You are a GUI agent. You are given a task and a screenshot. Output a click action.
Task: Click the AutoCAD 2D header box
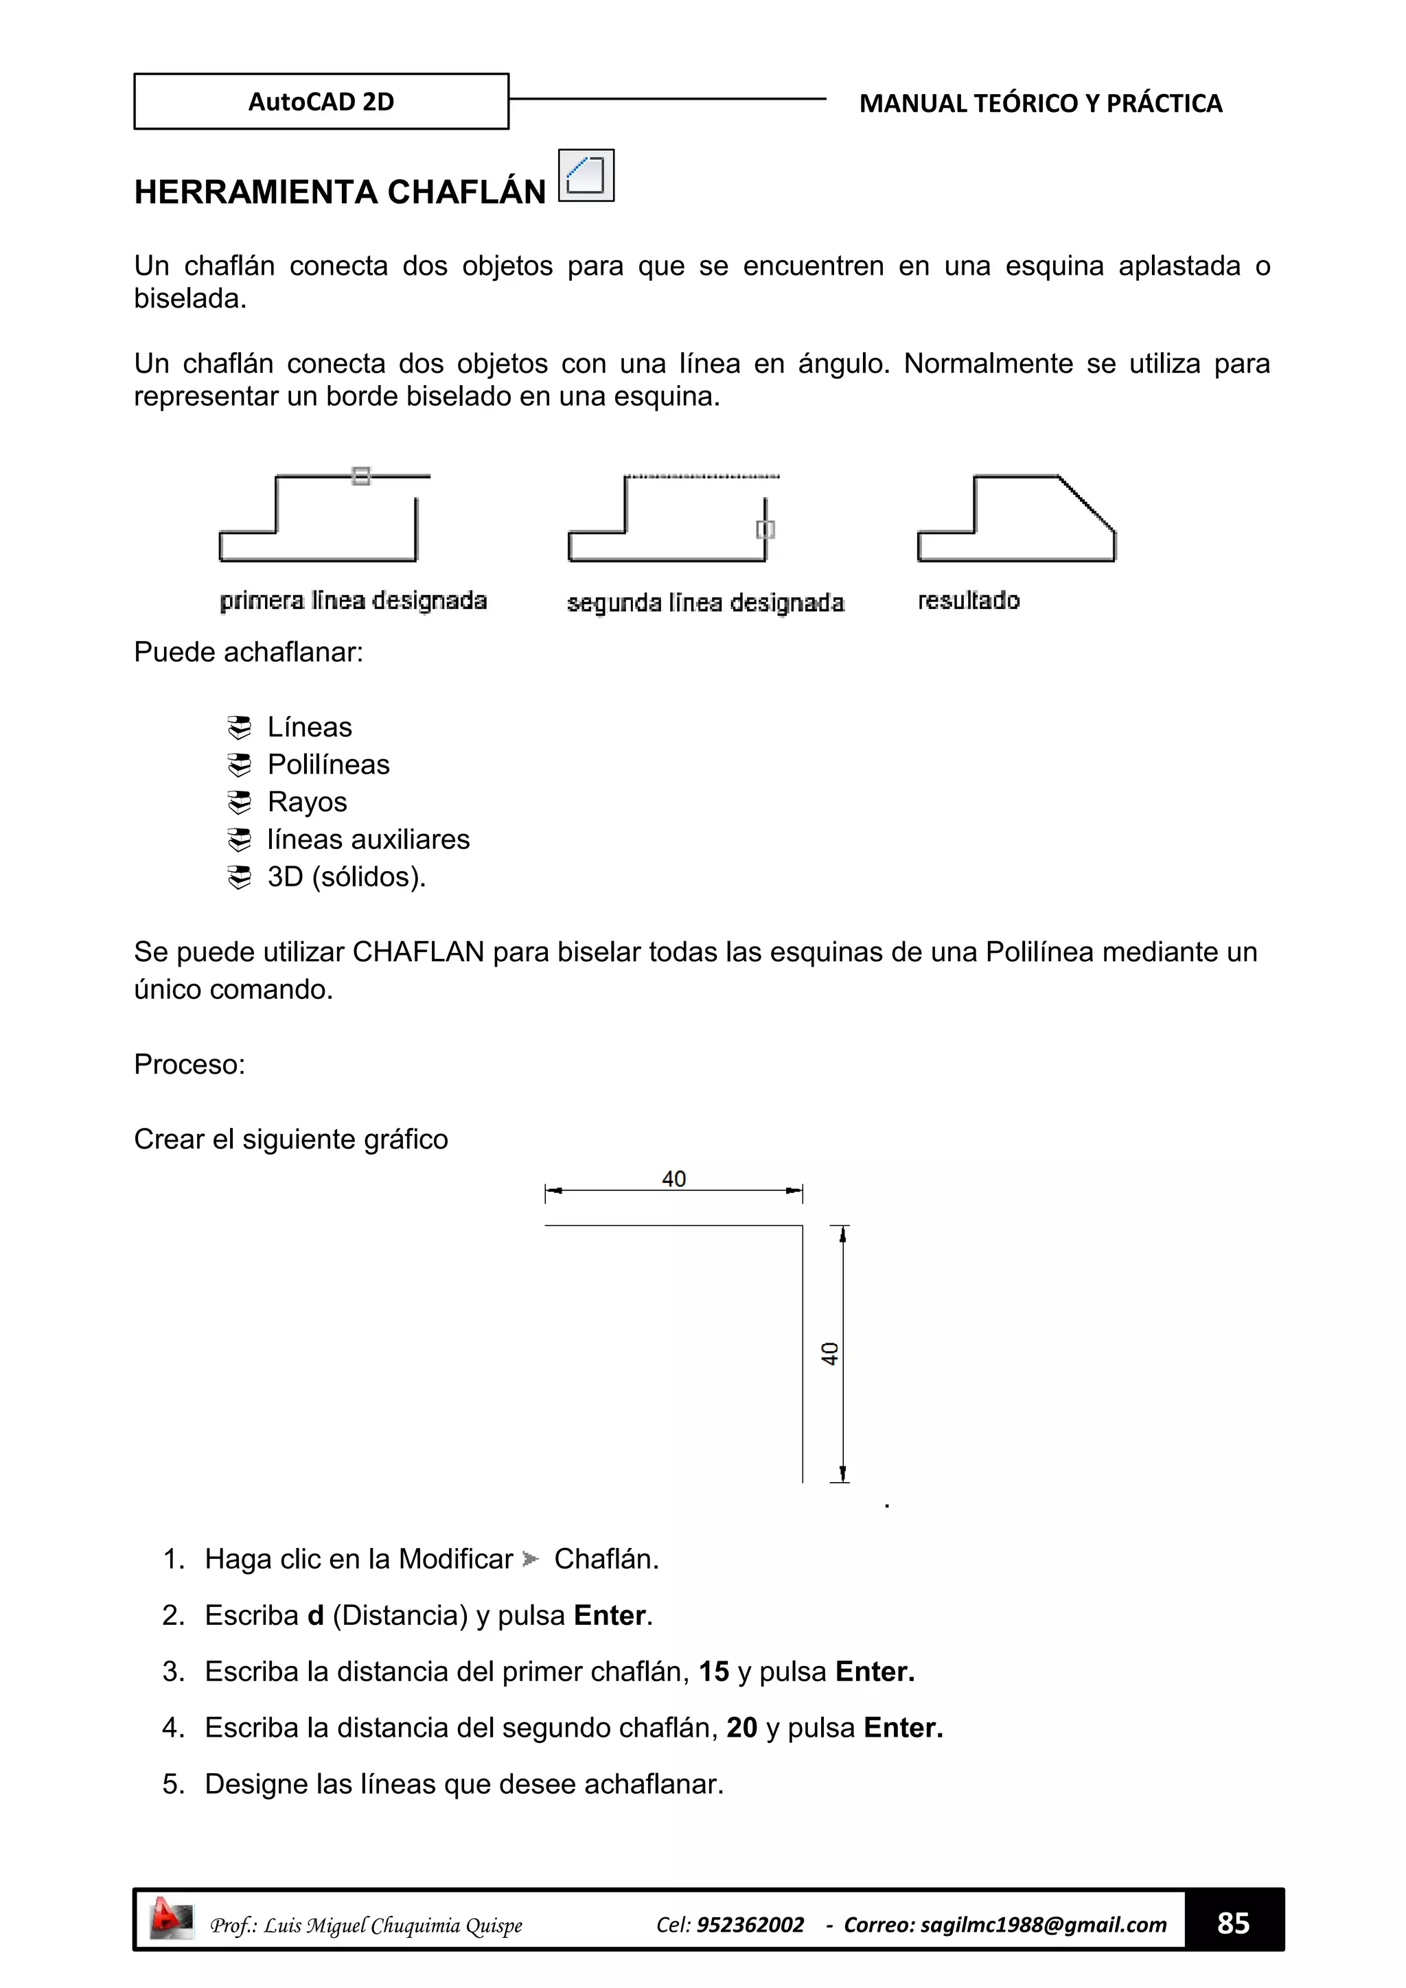(x=321, y=102)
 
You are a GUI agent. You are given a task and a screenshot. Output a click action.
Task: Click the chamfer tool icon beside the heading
(x=586, y=175)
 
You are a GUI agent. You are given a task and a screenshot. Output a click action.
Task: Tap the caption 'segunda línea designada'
(x=705, y=602)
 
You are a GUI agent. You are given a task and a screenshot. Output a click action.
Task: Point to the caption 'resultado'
(x=968, y=600)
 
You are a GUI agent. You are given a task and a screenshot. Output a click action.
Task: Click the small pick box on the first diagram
(x=361, y=475)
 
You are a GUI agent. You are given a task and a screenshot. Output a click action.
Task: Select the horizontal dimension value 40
(x=673, y=1179)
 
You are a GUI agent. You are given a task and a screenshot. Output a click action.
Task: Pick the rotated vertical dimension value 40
(x=829, y=1353)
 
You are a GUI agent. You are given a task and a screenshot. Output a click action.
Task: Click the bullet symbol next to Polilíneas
(x=239, y=765)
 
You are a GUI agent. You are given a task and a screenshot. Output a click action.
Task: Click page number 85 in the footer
(x=1233, y=1923)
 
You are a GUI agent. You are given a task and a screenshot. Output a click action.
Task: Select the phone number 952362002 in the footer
(x=750, y=1924)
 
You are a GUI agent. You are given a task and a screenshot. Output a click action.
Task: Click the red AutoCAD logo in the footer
(x=170, y=1919)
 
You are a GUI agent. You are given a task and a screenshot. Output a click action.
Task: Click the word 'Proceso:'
(x=189, y=1063)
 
